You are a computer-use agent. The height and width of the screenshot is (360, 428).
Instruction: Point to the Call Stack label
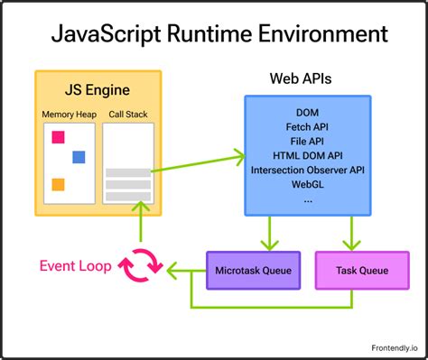127,115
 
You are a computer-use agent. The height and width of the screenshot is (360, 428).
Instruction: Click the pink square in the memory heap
59,137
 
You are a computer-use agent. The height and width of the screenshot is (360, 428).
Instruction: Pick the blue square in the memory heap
79,157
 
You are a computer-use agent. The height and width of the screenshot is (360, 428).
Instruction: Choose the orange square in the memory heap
58,184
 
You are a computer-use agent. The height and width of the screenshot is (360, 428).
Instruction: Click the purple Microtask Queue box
252,270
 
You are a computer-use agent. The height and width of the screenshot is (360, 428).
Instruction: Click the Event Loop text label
75,266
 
